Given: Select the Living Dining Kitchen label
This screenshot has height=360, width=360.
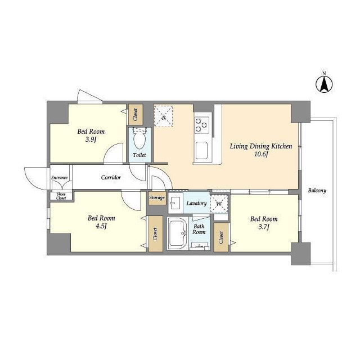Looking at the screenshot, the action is [261, 146].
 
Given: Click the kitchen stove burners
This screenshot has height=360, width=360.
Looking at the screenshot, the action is [202, 125].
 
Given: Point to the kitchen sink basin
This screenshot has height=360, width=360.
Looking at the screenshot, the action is [201, 150].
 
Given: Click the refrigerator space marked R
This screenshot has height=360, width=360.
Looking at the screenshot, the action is [163, 116].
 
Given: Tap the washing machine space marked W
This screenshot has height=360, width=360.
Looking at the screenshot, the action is [219, 204].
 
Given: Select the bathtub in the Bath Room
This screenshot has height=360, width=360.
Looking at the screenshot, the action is [178, 233].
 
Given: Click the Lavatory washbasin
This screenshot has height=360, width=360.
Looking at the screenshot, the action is [175, 203].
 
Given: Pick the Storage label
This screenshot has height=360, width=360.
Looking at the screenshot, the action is [157, 197].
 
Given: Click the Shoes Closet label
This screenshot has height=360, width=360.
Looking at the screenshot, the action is [61, 196].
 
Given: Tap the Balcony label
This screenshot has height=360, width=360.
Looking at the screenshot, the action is [317, 191].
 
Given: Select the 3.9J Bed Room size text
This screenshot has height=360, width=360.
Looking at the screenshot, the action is [91, 139].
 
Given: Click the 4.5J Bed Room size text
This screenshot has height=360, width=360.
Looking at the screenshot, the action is [101, 226].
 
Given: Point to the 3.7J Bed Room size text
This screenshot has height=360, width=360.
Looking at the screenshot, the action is [264, 227].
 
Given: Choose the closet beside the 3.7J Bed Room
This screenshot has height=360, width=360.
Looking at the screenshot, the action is [221, 237].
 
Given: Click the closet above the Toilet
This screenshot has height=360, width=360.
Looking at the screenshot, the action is [136, 115].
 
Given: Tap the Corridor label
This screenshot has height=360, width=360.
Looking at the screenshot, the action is [111, 178].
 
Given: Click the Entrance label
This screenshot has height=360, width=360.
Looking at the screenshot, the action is [59, 178].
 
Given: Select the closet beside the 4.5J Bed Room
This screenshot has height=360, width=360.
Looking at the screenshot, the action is [155, 234].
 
